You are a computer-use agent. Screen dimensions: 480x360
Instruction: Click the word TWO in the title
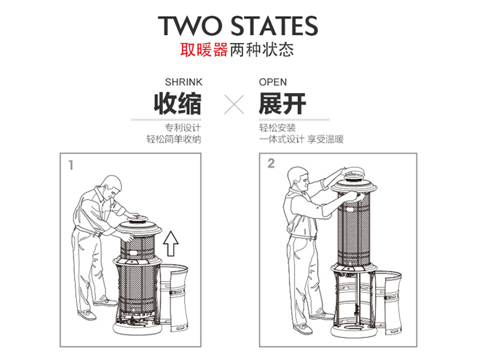coord(190,26)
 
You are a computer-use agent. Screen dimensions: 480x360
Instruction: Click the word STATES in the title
coord(274,26)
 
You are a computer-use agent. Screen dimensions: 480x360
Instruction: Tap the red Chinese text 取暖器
coord(204,49)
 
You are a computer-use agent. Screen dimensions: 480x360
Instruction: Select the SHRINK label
coord(184,82)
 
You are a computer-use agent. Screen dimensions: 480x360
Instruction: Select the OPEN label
coord(273,82)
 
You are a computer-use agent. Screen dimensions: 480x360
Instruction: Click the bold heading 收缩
coord(178,103)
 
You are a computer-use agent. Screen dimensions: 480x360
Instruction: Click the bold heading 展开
coord(283,103)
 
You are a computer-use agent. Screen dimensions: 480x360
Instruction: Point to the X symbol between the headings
coord(234,104)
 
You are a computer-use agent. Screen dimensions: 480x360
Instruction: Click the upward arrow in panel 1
coord(170,244)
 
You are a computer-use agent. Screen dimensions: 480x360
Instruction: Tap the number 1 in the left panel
coord(71,165)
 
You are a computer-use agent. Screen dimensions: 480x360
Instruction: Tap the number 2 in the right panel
coord(271,163)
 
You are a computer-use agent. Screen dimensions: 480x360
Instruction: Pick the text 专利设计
coord(183,127)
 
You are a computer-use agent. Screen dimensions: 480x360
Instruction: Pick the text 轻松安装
coord(277,127)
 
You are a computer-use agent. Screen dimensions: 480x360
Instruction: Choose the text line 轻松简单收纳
coord(174,139)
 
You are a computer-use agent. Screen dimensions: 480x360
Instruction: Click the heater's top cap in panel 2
coord(353,173)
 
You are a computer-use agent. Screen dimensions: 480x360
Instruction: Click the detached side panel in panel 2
coord(389,302)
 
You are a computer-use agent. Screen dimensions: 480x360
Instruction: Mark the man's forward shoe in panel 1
coord(106,302)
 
